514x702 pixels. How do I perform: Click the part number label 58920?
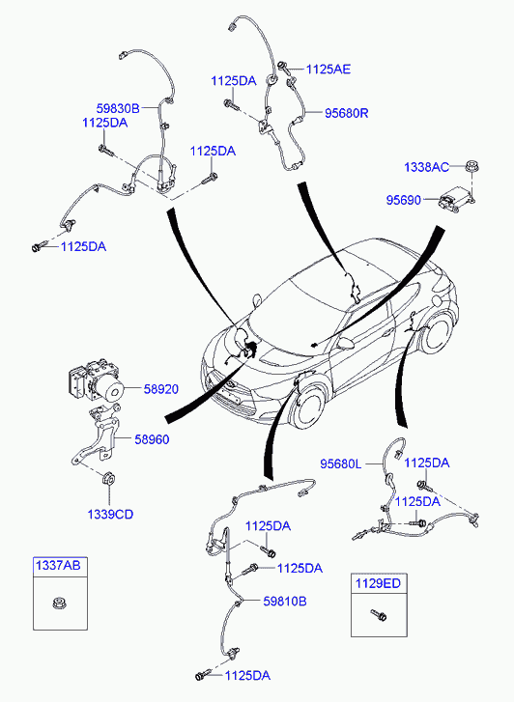point(161,389)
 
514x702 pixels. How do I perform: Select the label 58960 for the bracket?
point(152,439)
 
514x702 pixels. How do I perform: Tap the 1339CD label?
point(110,515)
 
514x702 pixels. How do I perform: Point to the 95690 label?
point(404,200)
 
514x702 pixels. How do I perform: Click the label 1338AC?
point(427,167)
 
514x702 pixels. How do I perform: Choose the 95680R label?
point(347,113)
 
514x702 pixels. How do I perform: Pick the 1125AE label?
point(328,69)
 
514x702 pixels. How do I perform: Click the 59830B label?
point(118,108)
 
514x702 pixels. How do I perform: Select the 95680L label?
point(341,463)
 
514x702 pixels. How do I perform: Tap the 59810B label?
point(285,602)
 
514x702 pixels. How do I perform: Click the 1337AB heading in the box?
point(58,566)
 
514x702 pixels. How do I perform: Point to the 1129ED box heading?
point(378,583)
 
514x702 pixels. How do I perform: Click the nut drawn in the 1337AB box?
point(57,604)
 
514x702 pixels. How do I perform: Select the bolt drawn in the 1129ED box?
point(379,615)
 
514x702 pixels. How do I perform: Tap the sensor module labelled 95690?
point(456,200)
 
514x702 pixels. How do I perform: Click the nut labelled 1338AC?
point(471,166)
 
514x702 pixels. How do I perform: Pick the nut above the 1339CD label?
point(108,479)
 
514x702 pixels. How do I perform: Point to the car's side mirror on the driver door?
point(345,343)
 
